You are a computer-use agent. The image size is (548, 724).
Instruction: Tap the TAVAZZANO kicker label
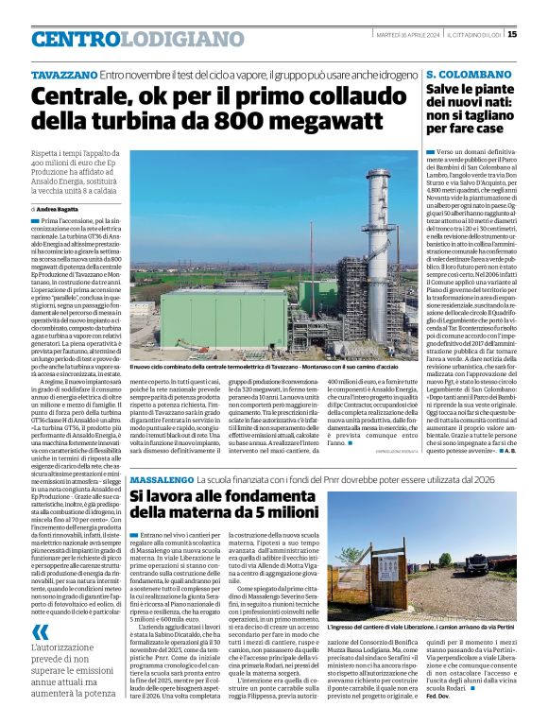(63, 74)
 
